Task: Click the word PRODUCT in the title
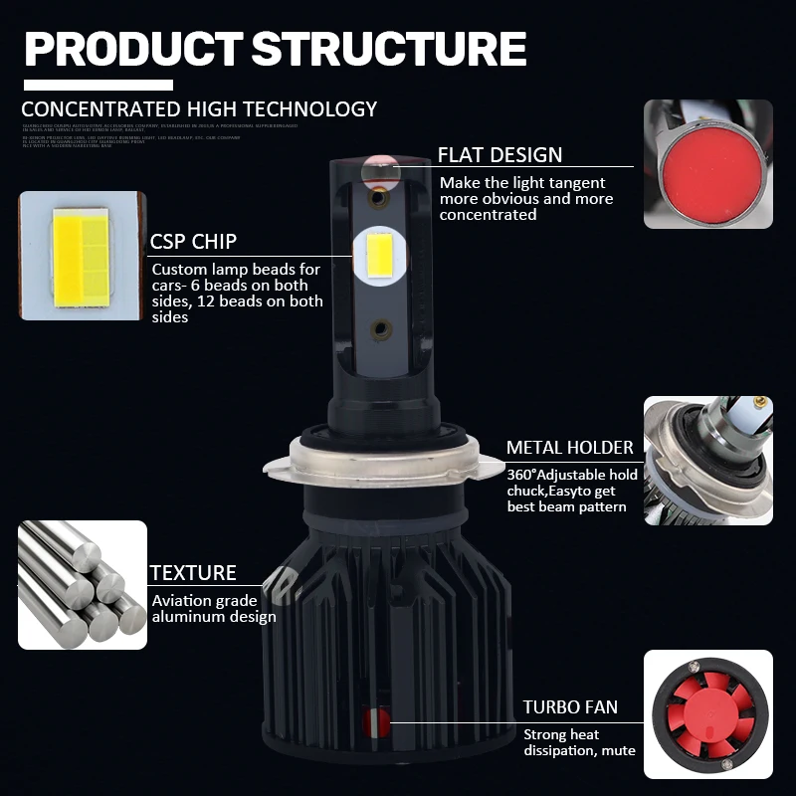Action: coord(132,49)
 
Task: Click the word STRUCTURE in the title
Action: coord(389,49)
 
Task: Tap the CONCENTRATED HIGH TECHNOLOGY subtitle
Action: coord(199,109)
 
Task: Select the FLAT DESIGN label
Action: coord(499,155)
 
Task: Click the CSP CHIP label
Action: coord(193,242)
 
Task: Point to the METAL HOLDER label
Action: coord(569,447)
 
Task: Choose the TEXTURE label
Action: coord(193,573)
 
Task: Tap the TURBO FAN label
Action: coord(570,707)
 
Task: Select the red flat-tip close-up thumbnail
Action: coord(707,164)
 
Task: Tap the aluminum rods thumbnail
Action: coord(82,585)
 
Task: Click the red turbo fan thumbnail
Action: coord(707,713)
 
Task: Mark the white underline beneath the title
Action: coord(99,86)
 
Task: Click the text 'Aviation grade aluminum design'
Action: coord(213,609)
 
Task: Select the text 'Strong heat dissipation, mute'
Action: coord(579,742)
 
